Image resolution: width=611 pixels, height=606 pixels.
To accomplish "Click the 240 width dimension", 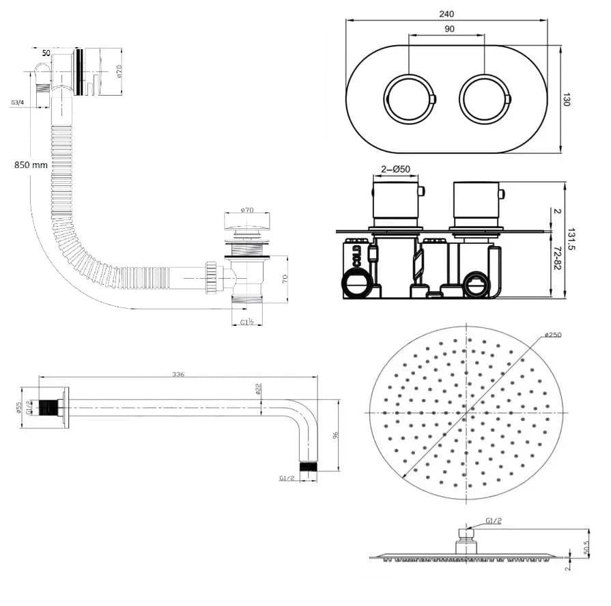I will coord(447,14).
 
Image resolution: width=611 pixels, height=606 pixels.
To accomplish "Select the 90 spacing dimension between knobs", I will coord(449,29).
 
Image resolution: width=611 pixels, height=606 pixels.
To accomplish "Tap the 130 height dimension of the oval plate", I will coord(567,100).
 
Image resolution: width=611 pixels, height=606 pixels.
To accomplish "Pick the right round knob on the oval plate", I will coord(484,98).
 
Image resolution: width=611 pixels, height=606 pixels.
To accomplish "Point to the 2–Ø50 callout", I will coord(395,169).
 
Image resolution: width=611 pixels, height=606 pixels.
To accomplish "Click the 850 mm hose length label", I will coord(31,165).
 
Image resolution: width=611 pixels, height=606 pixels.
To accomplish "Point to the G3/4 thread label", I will coord(18,102).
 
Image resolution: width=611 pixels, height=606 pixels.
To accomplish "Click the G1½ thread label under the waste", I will coord(247,322).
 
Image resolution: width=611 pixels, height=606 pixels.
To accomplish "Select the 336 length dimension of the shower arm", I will coord(179,374).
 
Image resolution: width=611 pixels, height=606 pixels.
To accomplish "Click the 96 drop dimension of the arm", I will coord(335,435).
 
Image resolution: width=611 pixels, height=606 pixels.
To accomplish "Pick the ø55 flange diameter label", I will coord(19,408).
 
